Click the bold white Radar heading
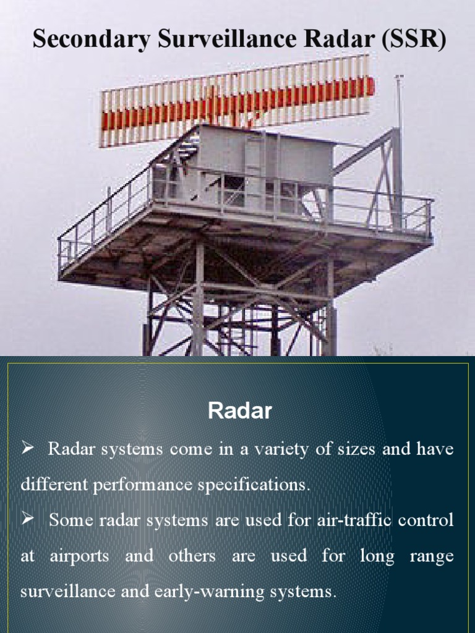(x=239, y=411)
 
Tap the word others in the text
(x=192, y=556)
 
